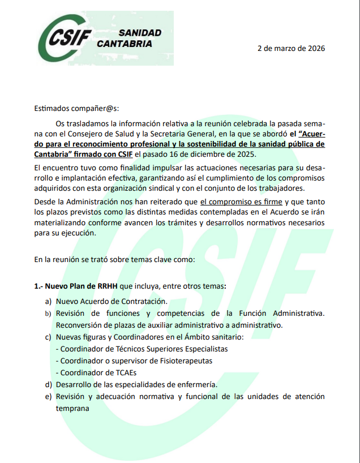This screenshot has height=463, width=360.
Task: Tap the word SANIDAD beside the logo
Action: pos(140,33)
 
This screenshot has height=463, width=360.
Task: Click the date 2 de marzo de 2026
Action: pos(291,48)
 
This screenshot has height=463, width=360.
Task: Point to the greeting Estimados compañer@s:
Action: pos(77,108)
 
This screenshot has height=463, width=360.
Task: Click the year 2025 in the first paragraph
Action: pos(246,154)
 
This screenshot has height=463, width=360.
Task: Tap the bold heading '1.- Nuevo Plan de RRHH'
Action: pos(79,286)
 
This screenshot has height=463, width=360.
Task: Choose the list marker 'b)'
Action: pos(48,314)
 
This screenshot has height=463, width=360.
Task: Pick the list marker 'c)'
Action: pos(48,337)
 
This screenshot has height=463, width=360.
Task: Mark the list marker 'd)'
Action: pos(48,384)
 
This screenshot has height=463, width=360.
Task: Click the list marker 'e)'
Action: pos(48,397)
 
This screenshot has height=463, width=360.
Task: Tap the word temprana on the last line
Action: pos(72,408)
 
